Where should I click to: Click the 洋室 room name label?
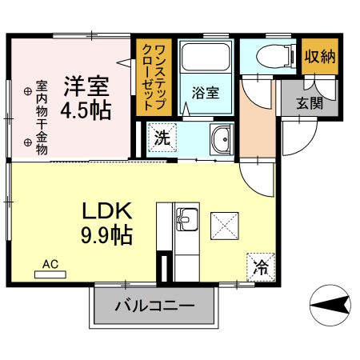coord(86,85)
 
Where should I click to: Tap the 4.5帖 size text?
coord(86,110)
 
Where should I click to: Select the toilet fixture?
coord(270,56)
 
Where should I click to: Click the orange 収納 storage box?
coord(319,58)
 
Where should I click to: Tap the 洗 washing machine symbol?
coord(162,137)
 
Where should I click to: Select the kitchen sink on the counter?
coord(187,218)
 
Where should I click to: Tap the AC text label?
coord(50,263)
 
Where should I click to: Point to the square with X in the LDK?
coord(223,224)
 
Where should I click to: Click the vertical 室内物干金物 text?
coord(42,116)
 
